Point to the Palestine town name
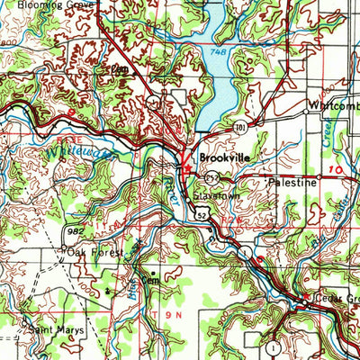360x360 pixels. pos(293,182)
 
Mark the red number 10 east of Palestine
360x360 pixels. pos(336,168)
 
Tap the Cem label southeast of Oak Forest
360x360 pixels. pos(160,277)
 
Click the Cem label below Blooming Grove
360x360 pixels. pos(115,68)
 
